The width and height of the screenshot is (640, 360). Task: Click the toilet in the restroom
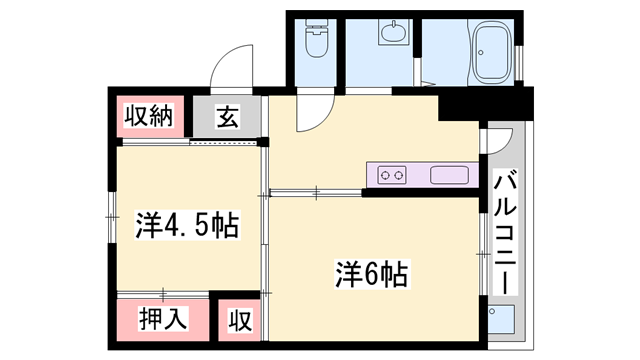[x=317, y=38]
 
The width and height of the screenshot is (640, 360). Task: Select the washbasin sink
[x=393, y=32]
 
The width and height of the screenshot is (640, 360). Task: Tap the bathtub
[x=492, y=50]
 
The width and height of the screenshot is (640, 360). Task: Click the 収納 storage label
[x=149, y=116]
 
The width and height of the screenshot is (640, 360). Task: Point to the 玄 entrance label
[x=227, y=116]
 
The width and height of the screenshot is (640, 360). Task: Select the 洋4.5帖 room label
[x=187, y=225]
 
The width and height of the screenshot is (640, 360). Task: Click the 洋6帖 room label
[x=371, y=274]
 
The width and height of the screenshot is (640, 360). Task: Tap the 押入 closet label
[x=163, y=318]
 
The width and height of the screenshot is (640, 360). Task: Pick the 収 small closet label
[x=240, y=320]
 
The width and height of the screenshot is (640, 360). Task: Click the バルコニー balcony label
[x=505, y=232]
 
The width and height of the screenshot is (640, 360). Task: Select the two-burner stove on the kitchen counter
[x=392, y=175]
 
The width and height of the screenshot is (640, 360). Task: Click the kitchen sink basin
[x=449, y=175]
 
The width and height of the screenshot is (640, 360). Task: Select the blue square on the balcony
[x=501, y=319]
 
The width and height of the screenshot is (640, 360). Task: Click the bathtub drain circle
[x=481, y=52]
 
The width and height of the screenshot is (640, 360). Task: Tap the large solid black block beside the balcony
[x=486, y=104]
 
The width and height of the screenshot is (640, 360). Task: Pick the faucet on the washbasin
[x=394, y=23]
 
